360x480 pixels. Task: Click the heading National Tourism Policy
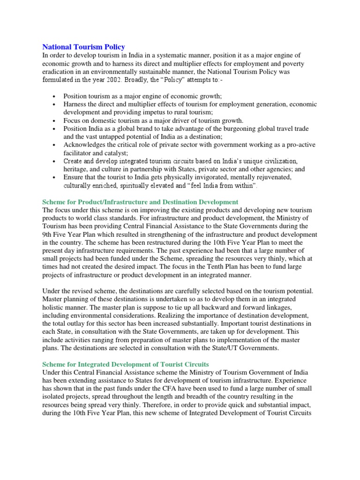tap(83, 47)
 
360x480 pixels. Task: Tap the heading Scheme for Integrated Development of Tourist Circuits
tap(126, 364)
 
